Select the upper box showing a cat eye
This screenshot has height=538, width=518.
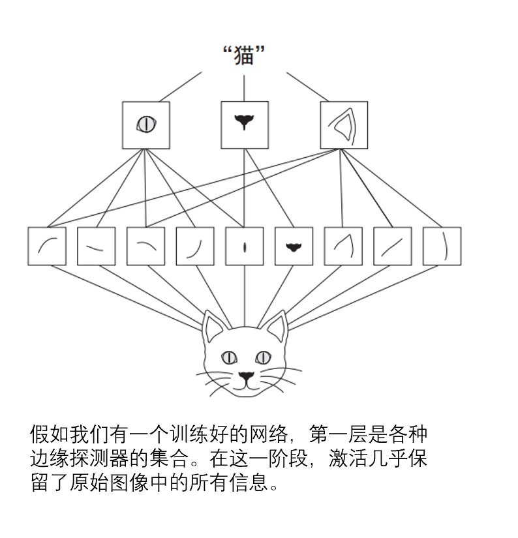tap(146, 125)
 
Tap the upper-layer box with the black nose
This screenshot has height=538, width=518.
tap(245, 125)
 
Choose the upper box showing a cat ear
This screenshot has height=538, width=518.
tap(344, 125)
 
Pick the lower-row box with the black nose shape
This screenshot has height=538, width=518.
tap(294, 246)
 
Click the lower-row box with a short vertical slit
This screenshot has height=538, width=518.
tap(245, 246)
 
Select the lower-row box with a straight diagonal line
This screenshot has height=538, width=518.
tap(393, 246)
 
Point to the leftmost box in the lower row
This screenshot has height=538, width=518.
tap(47, 246)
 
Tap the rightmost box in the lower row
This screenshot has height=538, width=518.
tap(442, 246)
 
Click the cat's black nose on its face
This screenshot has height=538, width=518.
tap(245, 376)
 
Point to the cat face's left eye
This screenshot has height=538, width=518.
tap(228, 357)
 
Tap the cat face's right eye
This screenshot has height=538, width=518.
tap(263, 357)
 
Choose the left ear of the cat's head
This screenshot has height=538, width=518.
tap(213, 325)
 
